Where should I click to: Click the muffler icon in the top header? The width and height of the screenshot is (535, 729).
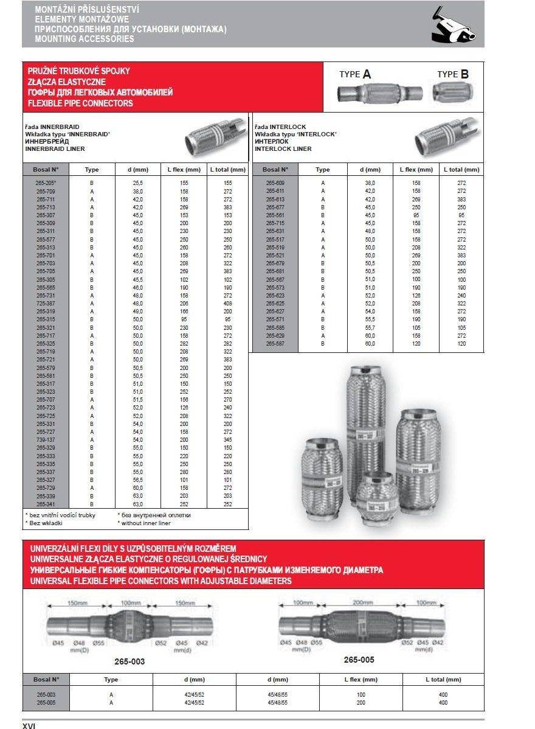[452, 25]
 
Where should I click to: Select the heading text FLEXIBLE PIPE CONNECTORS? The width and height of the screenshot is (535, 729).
[80, 103]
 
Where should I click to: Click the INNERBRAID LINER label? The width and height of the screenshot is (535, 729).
[55, 148]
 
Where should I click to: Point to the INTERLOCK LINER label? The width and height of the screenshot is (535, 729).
[283, 148]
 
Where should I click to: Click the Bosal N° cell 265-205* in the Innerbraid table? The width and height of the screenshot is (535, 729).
[46, 183]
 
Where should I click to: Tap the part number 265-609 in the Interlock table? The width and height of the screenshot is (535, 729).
[275, 183]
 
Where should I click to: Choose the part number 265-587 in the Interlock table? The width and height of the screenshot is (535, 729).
[275, 343]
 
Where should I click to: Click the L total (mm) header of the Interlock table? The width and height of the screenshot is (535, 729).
[461, 170]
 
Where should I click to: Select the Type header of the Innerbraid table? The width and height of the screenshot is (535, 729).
[92, 170]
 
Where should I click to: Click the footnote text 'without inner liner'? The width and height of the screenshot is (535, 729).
[146, 523]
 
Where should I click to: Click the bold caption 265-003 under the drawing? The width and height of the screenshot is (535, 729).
[129, 661]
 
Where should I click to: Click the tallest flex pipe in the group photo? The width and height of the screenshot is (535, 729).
[367, 420]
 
